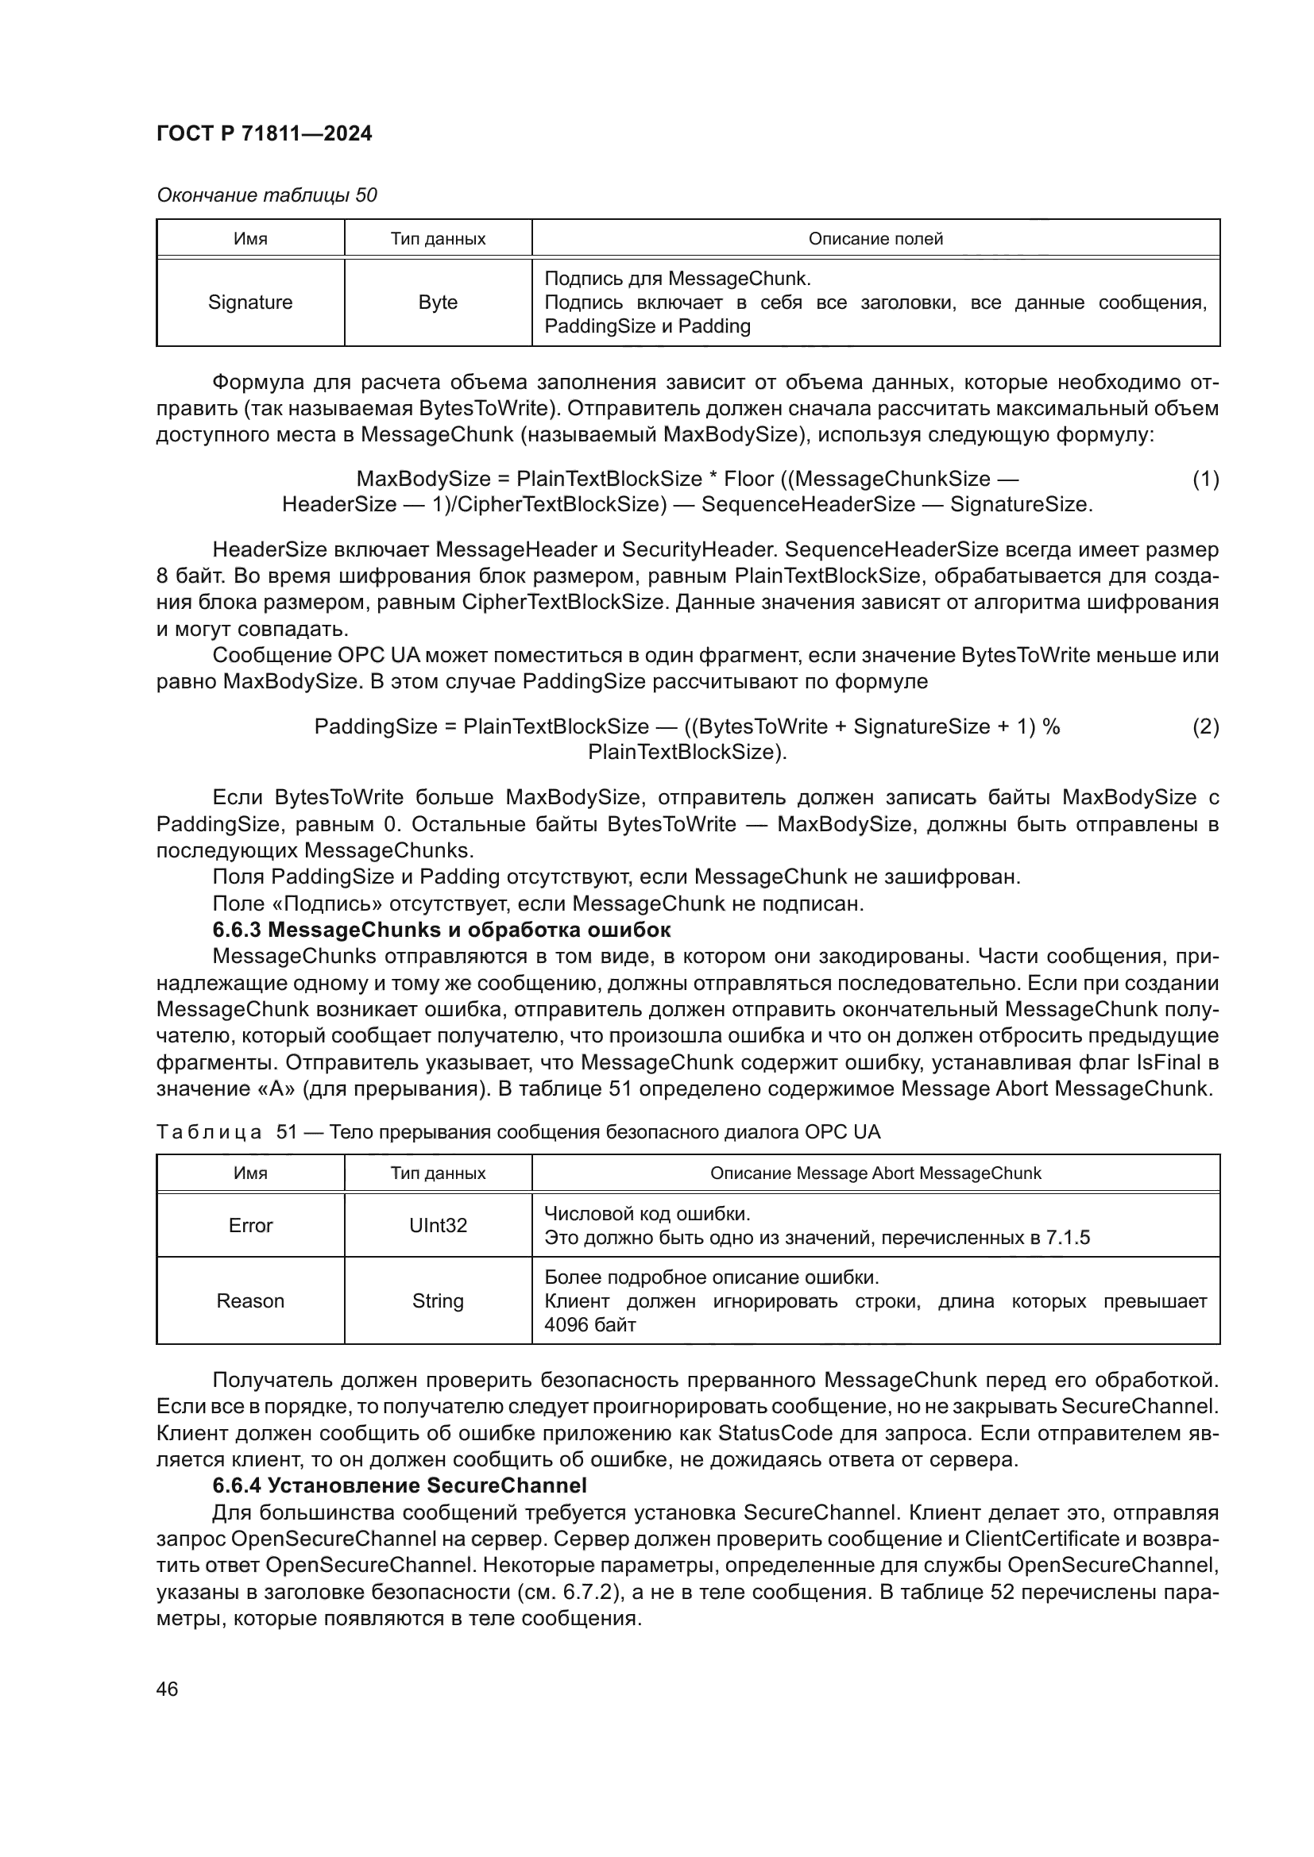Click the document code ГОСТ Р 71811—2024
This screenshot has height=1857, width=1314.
click(264, 133)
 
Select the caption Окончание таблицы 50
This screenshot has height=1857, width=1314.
click(267, 195)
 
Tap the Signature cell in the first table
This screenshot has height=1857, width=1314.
click(250, 302)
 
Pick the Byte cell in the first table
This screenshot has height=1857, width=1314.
click(438, 302)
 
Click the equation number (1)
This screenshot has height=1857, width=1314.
click(1206, 479)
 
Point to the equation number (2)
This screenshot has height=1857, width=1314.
click(1206, 726)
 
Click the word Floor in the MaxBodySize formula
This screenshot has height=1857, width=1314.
click(748, 479)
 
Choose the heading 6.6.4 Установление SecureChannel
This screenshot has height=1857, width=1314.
click(399, 1485)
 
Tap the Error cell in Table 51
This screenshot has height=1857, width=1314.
click(250, 1225)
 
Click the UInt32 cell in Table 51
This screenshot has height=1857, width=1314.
click(438, 1225)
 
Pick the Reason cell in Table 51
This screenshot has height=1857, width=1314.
click(250, 1300)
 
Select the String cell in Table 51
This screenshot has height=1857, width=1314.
click(438, 1300)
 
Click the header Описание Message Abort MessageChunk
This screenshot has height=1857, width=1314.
click(875, 1173)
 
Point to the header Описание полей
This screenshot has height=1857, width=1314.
click(875, 239)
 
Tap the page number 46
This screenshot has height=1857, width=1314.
click(167, 1689)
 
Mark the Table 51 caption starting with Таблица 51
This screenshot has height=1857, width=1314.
click(518, 1131)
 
